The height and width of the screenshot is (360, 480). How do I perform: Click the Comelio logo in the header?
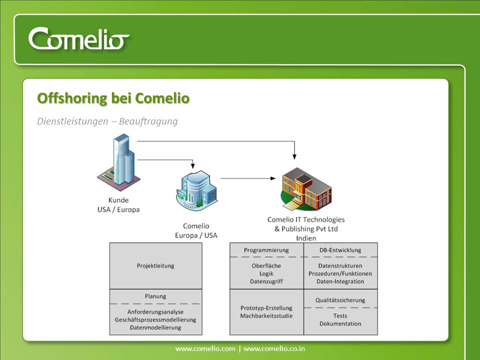coord(78,38)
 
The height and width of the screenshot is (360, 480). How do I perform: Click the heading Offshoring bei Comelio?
coord(113,98)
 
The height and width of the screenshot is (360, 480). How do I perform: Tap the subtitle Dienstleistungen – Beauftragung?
coord(107,121)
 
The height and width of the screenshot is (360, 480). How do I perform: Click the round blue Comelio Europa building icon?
coord(197,190)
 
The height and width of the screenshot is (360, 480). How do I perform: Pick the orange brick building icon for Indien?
coord(306,189)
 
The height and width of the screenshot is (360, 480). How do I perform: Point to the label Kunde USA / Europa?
coord(118,205)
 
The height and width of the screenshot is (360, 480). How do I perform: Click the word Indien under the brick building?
coord(306,238)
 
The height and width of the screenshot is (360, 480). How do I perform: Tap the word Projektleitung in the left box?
coord(155,265)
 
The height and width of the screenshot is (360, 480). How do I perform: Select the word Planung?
coord(155,296)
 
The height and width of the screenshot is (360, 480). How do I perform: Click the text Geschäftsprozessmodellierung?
coord(155,319)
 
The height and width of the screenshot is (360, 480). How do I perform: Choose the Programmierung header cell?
coord(266,250)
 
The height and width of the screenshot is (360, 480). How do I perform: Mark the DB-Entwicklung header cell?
coord(340,250)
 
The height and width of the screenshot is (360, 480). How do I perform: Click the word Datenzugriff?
coord(266,281)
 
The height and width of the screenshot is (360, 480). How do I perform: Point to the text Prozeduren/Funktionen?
coord(340,273)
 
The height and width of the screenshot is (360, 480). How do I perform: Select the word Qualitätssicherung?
coord(340,300)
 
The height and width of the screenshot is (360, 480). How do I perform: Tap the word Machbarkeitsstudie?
coord(266,315)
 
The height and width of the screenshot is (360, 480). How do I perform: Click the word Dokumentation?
coord(340,323)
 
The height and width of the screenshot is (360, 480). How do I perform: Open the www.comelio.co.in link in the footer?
coord(274,348)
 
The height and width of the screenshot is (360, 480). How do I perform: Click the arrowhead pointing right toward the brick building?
coord(273,178)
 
